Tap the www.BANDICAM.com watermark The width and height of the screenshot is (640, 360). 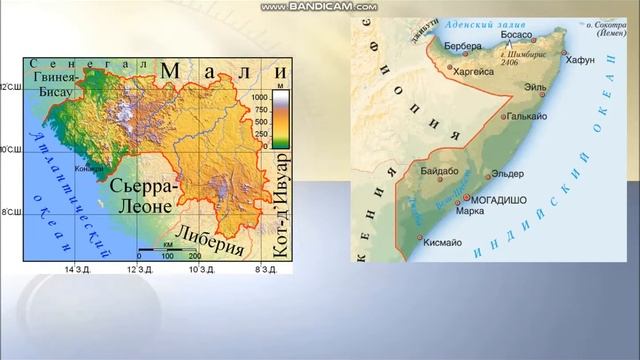319,7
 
